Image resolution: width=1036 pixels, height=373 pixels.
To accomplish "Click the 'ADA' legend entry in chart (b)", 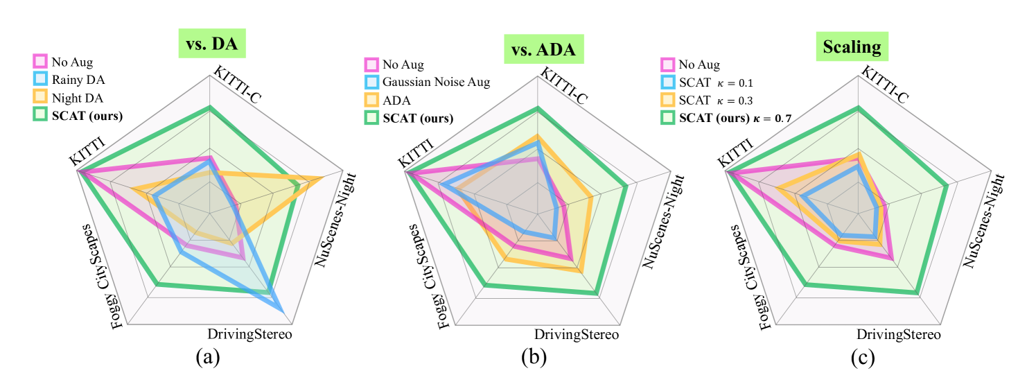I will tap(396, 101).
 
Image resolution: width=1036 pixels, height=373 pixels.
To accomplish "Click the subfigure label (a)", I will tap(208, 357).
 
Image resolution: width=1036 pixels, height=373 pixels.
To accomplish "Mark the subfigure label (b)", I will tap(534, 357).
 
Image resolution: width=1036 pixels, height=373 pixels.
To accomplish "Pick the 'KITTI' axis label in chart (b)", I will tap(414, 153).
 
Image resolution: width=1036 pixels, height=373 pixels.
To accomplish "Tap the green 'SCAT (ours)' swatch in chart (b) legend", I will tap(371, 118).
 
